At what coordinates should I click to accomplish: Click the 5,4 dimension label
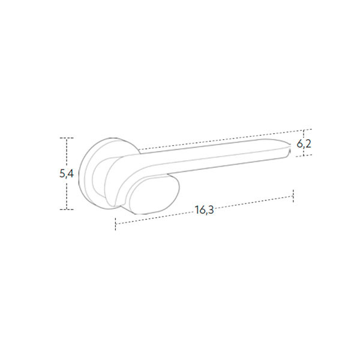point(67,174)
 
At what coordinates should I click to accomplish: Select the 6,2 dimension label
point(304,144)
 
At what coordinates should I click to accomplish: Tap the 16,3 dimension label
point(205,210)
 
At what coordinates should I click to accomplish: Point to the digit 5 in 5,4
point(62,173)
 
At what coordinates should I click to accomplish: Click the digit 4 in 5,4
point(70,173)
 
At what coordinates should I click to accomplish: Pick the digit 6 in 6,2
point(299,144)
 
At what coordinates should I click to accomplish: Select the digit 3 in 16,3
point(211,209)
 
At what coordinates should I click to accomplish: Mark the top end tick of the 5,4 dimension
point(67,138)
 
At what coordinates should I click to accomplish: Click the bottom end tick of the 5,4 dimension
point(67,209)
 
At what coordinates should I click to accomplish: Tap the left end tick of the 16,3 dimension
point(115,224)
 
